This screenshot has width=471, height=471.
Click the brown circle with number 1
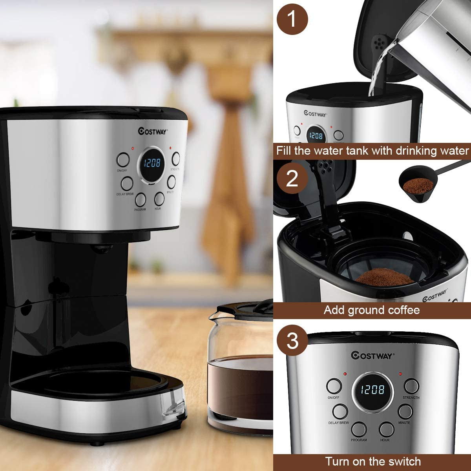[x=292, y=19]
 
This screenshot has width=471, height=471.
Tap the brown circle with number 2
[x=292, y=179]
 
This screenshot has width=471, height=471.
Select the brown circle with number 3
[x=292, y=341]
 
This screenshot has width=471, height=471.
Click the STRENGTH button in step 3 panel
[x=411, y=386]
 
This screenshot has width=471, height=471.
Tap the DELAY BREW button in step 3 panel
[x=340, y=411]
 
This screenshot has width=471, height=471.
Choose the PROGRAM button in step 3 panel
[x=359, y=429]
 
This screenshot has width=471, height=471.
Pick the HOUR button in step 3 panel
[x=386, y=428]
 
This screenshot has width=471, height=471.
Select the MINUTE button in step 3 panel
[x=405, y=411]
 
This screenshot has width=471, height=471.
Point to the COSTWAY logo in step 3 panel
[x=371, y=356]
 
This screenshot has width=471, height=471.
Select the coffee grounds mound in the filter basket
[x=385, y=278]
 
